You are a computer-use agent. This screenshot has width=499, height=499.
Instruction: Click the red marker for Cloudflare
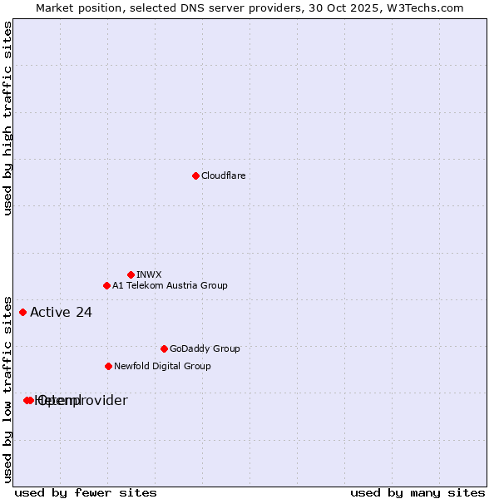click(x=195, y=175)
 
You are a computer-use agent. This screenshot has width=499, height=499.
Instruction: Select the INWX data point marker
click(x=131, y=274)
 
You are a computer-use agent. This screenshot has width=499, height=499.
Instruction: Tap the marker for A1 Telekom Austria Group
click(x=106, y=285)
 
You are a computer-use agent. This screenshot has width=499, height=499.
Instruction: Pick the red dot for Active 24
click(x=22, y=313)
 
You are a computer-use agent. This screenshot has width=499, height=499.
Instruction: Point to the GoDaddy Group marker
click(x=164, y=348)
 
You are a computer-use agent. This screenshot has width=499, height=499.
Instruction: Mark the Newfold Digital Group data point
click(x=108, y=366)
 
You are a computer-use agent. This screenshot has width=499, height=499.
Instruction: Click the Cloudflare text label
click(x=223, y=175)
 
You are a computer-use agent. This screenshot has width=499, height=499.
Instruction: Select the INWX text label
click(x=149, y=274)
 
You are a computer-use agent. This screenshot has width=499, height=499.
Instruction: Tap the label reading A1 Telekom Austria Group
click(x=170, y=285)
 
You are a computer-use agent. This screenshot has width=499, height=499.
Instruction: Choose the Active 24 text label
click(x=61, y=313)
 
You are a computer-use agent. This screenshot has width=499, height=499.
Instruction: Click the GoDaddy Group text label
click(x=205, y=348)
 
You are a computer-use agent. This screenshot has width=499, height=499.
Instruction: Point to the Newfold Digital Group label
click(x=162, y=366)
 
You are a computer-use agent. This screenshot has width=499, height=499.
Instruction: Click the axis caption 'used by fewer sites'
click(x=86, y=492)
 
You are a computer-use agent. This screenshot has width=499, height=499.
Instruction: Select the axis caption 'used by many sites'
click(x=417, y=492)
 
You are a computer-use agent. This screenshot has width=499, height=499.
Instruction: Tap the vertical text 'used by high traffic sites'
click(x=7, y=118)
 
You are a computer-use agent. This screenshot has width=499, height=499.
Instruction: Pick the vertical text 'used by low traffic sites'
click(x=7, y=388)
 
